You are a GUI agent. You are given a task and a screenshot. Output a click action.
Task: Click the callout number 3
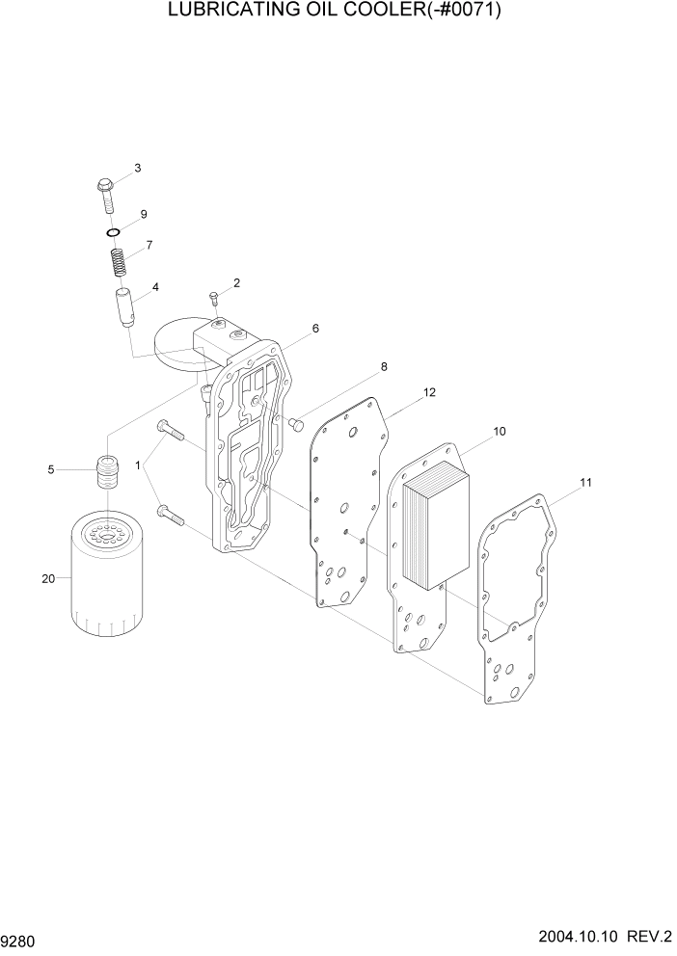click(x=137, y=169)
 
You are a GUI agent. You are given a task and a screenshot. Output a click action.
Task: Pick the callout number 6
click(x=314, y=329)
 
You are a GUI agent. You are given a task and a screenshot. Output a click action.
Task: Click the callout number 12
click(x=430, y=392)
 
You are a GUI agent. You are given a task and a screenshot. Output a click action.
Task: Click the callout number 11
click(x=585, y=481)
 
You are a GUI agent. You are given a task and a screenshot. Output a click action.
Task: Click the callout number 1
click(x=139, y=465)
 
